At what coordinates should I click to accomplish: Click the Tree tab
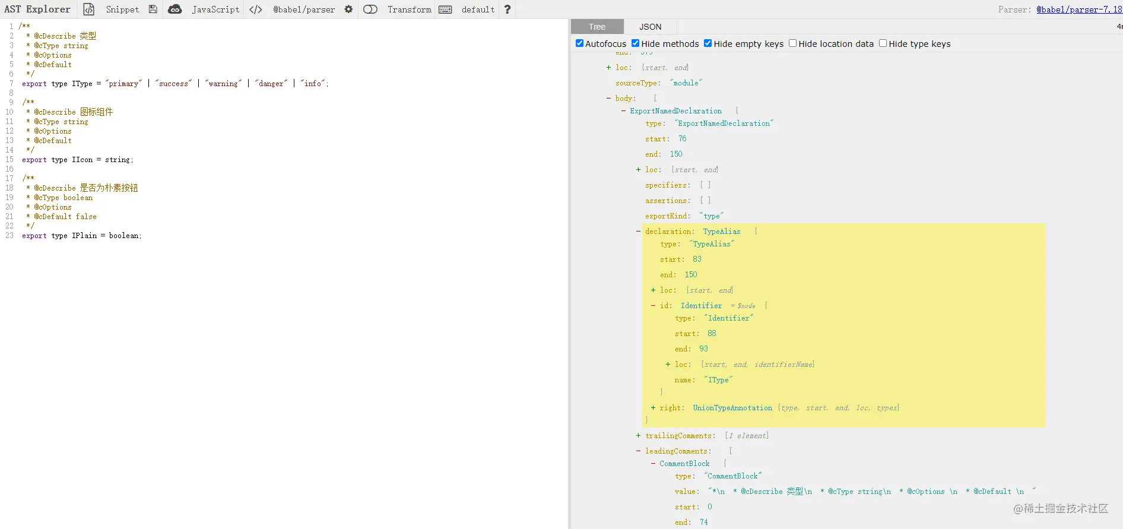click(x=597, y=27)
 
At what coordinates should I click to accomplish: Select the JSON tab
click(x=650, y=27)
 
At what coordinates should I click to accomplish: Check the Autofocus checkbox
click(x=580, y=43)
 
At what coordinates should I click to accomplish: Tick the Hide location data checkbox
click(x=792, y=43)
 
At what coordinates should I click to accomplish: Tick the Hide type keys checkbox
click(x=883, y=43)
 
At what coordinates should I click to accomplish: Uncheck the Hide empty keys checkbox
click(x=708, y=43)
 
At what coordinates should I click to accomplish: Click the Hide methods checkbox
click(x=635, y=43)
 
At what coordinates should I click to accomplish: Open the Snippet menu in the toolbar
click(x=122, y=9)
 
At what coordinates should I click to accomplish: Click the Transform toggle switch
click(x=370, y=9)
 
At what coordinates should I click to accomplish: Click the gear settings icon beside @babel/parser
click(x=348, y=9)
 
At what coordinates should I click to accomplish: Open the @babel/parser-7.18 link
click(x=1079, y=9)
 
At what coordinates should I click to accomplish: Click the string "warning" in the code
click(x=223, y=84)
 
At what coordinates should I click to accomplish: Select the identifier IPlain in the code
click(x=84, y=236)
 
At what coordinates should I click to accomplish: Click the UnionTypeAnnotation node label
click(x=732, y=408)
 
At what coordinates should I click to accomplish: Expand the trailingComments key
click(x=638, y=436)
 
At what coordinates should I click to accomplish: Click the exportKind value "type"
click(x=712, y=216)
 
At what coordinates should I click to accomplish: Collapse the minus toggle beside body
click(x=608, y=99)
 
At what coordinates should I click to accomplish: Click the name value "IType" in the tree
click(x=718, y=380)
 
